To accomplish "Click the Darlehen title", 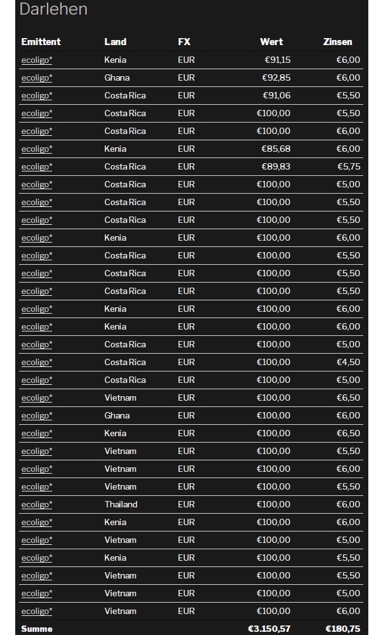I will click(53, 10).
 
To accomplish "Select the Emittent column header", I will click(41, 42).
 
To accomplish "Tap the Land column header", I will click(115, 42).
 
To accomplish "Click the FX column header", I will click(184, 42).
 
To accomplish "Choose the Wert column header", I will click(271, 42).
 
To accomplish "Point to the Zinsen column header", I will click(337, 42).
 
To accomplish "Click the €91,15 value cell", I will click(277, 60).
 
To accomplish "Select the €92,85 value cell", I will click(276, 77).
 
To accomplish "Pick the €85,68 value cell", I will click(276, 149).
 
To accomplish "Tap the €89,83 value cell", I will click(276, 166).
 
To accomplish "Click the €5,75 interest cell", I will click(349, 166).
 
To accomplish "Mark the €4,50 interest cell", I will click(349, 362).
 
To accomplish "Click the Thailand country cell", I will click(121, 504).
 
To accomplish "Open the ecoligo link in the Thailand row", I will click(36, 504).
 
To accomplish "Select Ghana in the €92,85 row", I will click(117, 77).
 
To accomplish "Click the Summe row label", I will click(37, 629).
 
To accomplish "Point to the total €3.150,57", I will click(269, 629).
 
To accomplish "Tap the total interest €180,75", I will click(343, 629).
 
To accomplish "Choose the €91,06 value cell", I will click(277, 95).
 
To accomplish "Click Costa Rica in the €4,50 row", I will click(125, 362).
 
